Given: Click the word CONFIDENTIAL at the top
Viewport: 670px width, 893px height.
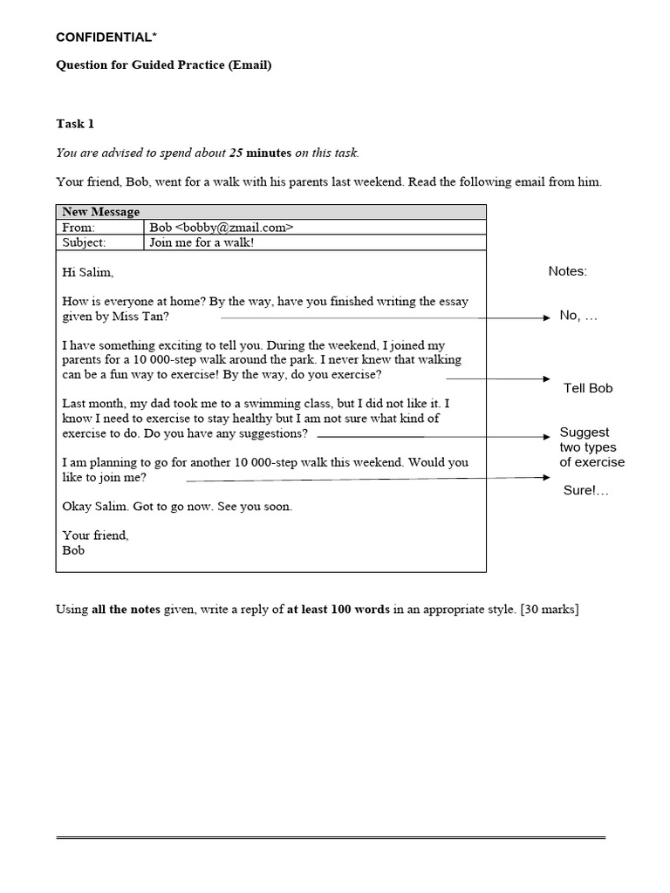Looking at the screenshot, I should click(x=102, y=37).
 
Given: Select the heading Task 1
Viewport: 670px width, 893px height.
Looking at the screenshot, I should click(x=75, y=124).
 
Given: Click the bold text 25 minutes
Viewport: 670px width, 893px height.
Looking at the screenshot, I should click(x=260, y=153).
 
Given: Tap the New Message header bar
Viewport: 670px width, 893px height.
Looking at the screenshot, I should click(x=270, y=212).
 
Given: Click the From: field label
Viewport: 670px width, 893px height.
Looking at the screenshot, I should click(x=79, y=228).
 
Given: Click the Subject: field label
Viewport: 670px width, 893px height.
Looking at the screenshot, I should click(x=84, y=242).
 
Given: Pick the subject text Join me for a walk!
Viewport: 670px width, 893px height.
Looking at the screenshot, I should click(x=202, y=242).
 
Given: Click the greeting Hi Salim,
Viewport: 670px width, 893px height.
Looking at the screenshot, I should click(x=88, y=272).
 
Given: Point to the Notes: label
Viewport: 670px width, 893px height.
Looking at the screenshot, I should click(x=567, y=271).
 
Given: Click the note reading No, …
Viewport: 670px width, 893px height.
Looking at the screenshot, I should click(x=578, y=316).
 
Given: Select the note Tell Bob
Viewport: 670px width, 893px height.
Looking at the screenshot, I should click(x=588, y=388).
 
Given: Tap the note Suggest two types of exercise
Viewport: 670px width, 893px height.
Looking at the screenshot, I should click(x=591, y=447).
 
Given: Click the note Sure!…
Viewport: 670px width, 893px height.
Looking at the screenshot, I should click(x=586, y=491).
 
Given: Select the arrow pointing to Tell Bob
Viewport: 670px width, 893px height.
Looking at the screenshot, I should click(x=497, y=379).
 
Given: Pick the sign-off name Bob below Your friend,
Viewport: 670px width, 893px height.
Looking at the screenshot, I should click(x=73, y=550).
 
